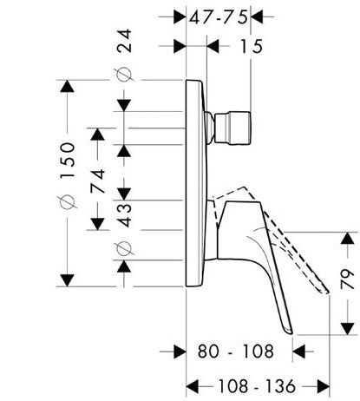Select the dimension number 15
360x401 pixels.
coord(252,49)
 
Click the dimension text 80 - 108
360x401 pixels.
coord(237,352)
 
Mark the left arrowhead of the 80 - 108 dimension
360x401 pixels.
coord(183,352)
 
